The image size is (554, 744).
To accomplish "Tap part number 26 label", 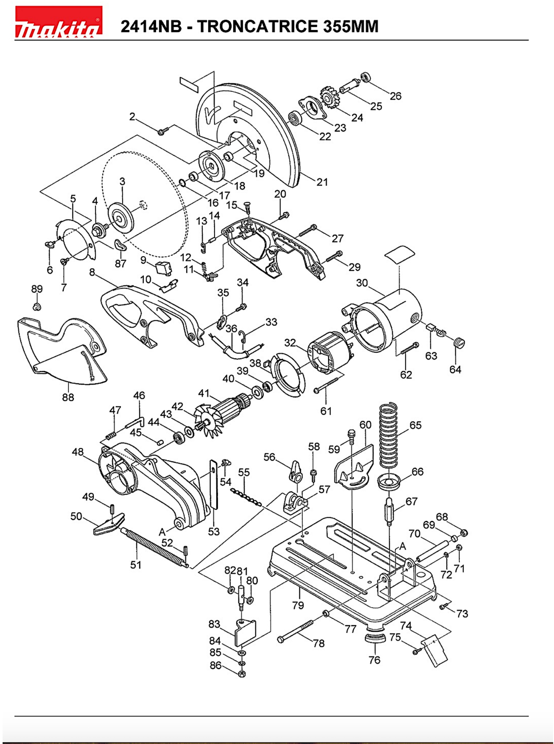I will click(x=395, y=96).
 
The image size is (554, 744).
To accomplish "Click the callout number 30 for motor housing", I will click(x=362, y=283).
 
